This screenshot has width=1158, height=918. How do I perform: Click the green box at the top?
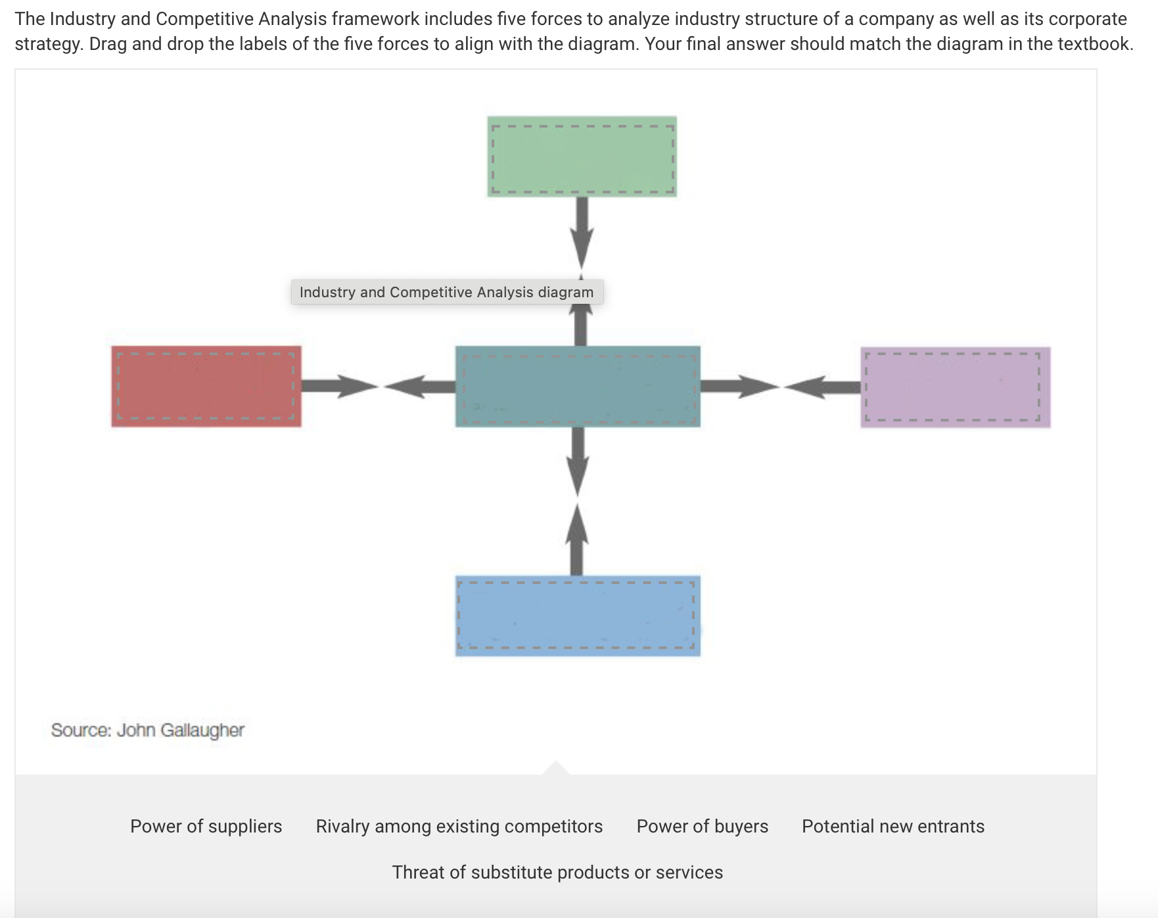click(x=582, y=157)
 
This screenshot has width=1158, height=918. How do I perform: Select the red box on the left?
click(x=206, y=387)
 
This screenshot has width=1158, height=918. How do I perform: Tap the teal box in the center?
click(x=578, y=387)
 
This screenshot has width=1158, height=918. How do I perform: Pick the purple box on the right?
click(x=955, y=387)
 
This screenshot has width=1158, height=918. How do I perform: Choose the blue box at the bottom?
click(x=578, y=616)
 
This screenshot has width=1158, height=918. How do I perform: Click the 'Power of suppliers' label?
click(x=206, y=826)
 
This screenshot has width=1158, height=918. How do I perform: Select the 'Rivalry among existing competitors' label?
click(x=459, y=826)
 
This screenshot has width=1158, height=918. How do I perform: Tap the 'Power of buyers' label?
click(x=702, y=826)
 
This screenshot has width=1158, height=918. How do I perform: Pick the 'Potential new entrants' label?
click(x=892, y=826)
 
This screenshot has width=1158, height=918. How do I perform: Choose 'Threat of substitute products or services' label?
click(x=557, y=872)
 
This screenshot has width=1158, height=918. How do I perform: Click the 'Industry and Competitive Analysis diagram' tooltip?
click(x=446, y=292)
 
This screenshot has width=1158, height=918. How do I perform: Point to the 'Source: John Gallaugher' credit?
click(x=147, y=730)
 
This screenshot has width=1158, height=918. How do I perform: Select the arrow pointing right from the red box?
click(x=338, y=386)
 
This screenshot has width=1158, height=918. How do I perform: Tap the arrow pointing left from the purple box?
click(x=822, y=386)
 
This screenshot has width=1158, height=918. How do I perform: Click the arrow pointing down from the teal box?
click(x=577, y=460)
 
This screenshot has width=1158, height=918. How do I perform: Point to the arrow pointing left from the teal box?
click(x=421, y=386)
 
